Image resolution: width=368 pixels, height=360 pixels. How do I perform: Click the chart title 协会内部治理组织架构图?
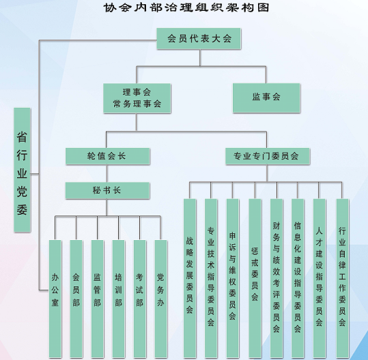[186, 7]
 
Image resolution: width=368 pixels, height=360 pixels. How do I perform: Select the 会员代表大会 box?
[199, 39]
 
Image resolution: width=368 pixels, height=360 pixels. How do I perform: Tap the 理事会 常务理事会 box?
[137, 98]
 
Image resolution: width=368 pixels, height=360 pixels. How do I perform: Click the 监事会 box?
[266, 98]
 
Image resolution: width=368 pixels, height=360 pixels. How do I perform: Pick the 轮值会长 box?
[107, 156]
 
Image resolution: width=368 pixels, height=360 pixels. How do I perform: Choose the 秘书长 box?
[107, 190]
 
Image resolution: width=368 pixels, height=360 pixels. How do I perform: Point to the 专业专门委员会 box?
[268, 156]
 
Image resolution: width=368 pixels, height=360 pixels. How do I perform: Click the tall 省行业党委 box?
[23, 170]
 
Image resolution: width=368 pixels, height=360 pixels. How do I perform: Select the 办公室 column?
[55, 299]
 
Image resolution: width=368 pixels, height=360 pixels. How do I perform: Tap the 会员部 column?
[76, 299]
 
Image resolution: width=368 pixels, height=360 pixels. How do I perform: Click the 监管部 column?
[98, 299]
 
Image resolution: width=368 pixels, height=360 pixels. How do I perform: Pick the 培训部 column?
[119, 299]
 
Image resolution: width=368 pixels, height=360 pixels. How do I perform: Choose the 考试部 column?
[140, 299]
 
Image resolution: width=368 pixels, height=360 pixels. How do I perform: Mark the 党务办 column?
[160, 299]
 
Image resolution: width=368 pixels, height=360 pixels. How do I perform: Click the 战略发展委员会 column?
[190, 278]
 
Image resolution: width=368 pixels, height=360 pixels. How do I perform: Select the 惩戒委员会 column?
[255, 278]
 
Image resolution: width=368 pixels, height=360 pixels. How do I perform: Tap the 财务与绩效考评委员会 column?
[277, 278]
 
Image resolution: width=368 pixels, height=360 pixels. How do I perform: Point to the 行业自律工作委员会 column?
[343, 278]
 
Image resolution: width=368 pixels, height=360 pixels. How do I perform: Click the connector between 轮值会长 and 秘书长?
[107, 173]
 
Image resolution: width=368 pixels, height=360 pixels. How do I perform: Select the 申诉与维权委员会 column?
[233, 278]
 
